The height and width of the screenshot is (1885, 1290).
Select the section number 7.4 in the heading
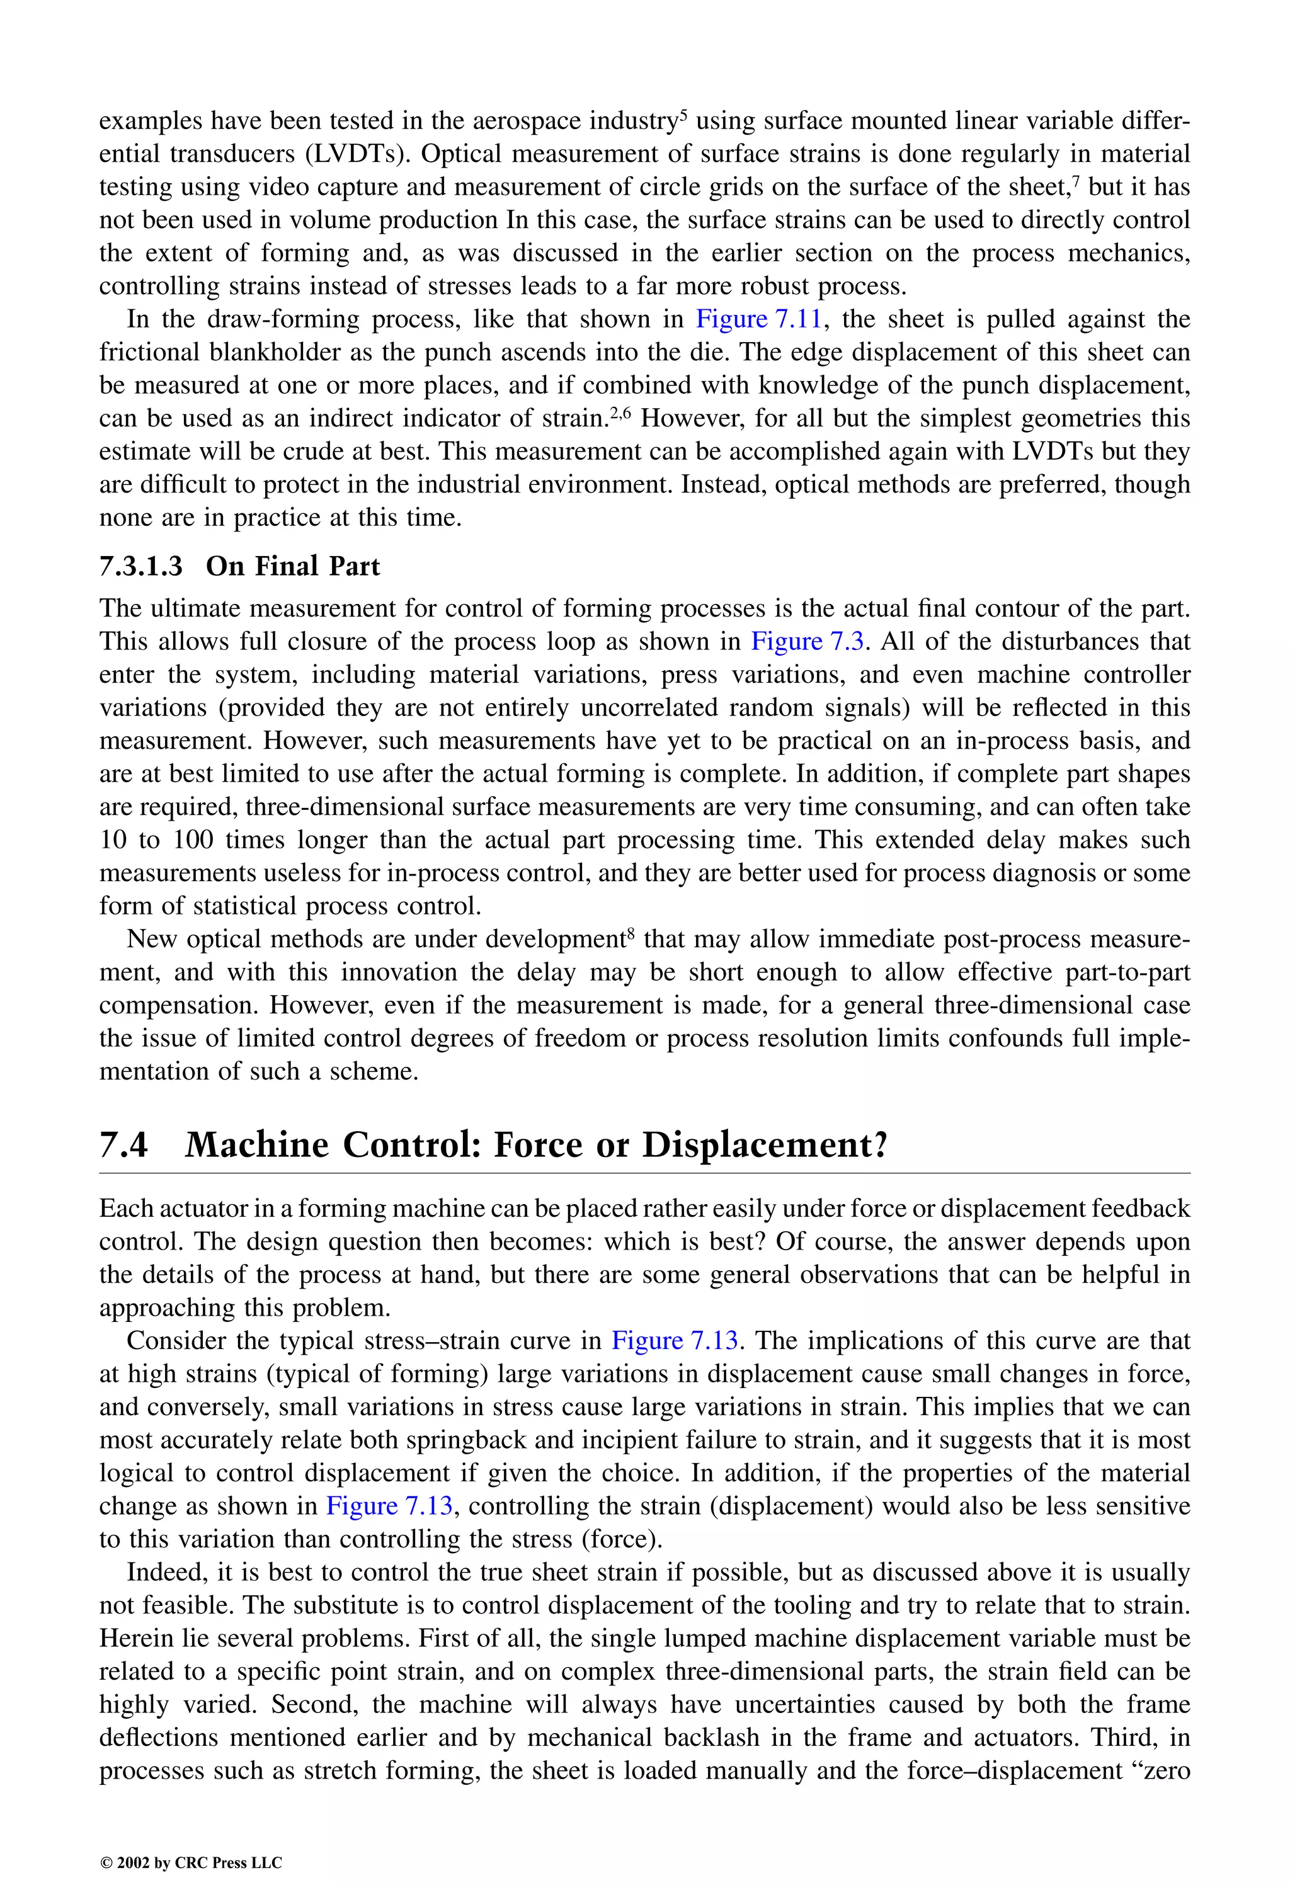point(124,1145)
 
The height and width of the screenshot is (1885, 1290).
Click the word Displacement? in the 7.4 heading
point(765,1145)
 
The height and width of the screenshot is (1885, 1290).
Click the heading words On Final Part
point(293,566)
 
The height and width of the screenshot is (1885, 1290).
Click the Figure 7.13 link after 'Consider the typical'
point(674,1341)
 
